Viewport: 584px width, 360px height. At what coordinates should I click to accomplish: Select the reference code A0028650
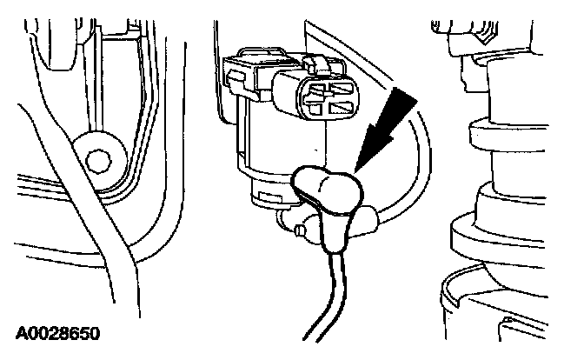tap(57, 333)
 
